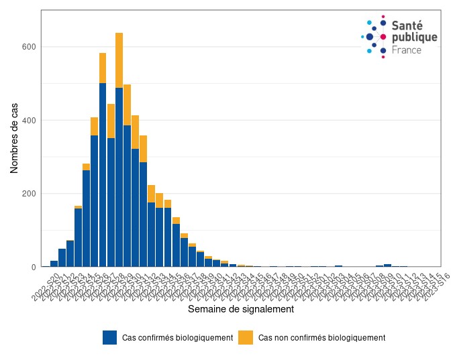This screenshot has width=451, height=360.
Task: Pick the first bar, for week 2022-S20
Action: point(54,263)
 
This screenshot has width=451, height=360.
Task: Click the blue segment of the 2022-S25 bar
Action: point(95,201)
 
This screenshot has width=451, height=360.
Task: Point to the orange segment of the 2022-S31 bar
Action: point(144,148)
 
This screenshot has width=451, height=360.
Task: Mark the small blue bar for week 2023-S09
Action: point(388,265)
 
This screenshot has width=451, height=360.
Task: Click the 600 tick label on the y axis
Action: point(28,47)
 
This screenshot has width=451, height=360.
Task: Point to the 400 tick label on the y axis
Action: point(28,121)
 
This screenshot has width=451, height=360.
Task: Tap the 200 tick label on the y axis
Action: point(28,194)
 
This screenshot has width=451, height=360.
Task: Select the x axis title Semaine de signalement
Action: point(240,310)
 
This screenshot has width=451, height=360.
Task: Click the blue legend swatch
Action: point(110,338)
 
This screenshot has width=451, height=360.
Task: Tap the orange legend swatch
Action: point(246,338)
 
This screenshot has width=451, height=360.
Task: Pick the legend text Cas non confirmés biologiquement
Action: point(322,338)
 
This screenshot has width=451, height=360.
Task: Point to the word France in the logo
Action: point(407,50)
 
